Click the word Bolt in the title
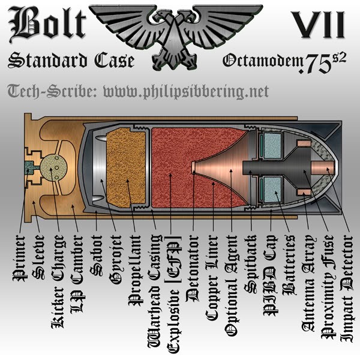tap(47, 24)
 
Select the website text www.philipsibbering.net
tap(186, 92)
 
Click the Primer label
tap(20, 258)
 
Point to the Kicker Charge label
tap(58, 282)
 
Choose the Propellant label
tap(136, 271)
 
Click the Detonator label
tap(193, 269)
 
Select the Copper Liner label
tap(212, 278)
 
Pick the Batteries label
tap(290, 265)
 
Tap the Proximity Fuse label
tap(328, 287)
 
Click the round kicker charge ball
tap(54, 167)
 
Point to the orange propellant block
tap(126, 167)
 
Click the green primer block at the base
tap(29, 167)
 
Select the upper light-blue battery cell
tap(273, 146)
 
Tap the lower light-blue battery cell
tap(273, 190)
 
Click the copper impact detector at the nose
tap(322, 167)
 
